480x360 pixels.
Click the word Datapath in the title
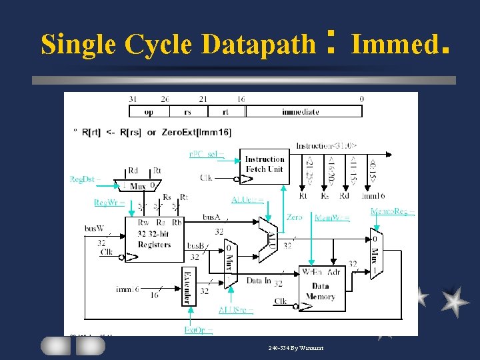[258, 45]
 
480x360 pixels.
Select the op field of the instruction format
[149, 112]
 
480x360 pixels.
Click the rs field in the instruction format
[188, 112]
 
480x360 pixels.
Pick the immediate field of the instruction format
[304, 112]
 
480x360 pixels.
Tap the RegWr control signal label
[109, 203]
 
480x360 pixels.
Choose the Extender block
[189, 287]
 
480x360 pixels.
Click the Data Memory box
[321, 289]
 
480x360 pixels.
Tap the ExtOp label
[198, 330]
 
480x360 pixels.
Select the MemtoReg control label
[393, 212]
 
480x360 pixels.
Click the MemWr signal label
[331, 217]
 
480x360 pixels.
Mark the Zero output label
[294, 217]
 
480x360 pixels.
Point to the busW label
[94, 228]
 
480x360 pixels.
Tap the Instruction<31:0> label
[327, 145]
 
